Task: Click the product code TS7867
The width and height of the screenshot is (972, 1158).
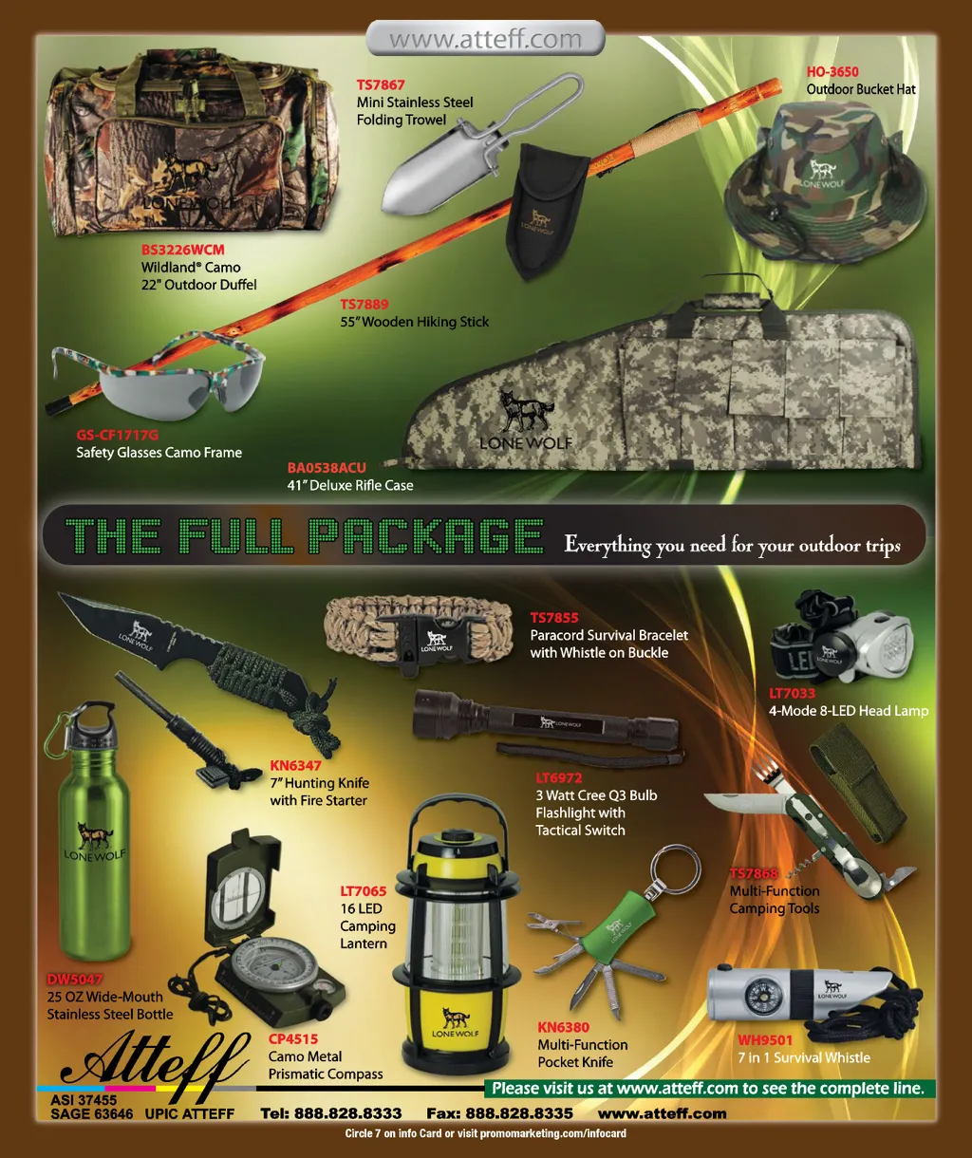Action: pyautogui.click(x=381, y=84)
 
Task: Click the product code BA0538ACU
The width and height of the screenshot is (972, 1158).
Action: pyautogui.click(x=327, y=468)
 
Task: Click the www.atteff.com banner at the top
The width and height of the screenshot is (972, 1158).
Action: pyautogui.click(x=485, y=39)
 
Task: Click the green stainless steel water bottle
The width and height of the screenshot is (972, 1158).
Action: pyautogui.click(x=91, y=831)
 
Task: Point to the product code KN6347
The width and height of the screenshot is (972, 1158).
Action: pyautogui.click(x=296, y=765)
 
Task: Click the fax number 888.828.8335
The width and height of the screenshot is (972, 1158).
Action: pyautogui.click(x=518, y=1113)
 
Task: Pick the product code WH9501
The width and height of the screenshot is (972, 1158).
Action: pyautogui.click(x=765, y=1040)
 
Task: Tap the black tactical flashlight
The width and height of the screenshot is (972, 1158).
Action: pyautogui.click(x=547, y=722)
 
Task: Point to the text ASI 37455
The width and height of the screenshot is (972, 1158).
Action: pyautogui.click(x=84, y=1100)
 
